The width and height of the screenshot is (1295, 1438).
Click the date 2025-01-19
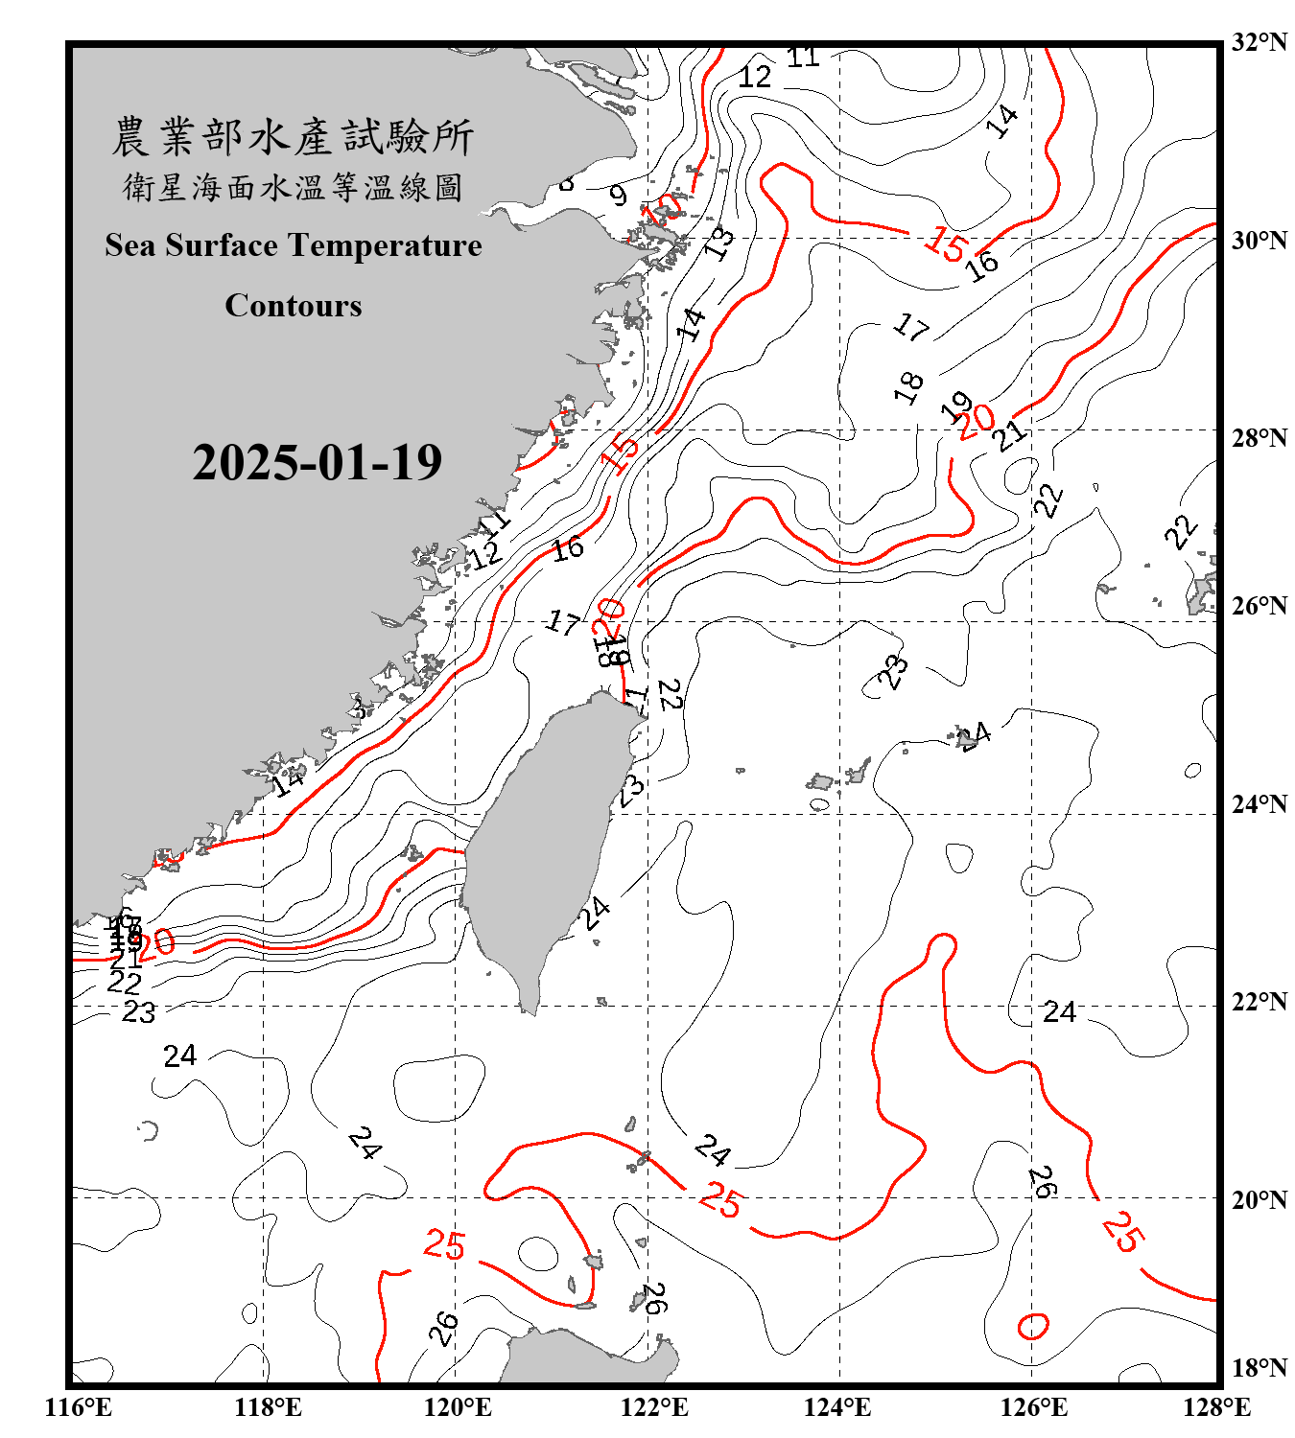(317, 462)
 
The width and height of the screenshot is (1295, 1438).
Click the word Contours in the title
(294, 305)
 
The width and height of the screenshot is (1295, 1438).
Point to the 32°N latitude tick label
(1259, 42)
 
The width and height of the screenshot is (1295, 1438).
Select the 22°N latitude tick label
(1259, 1002)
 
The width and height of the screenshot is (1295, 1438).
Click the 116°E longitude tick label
(79, 1407)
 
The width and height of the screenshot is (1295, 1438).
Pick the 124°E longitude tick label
(837, 1407)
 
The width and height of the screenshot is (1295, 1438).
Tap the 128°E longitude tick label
(1216, 1407)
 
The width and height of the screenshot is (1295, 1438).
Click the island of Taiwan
(542, 844)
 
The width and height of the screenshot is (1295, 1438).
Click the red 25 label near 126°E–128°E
(1121, 1232)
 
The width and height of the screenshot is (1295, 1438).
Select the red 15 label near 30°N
(946, 245)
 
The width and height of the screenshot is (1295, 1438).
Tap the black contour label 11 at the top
(803, 58)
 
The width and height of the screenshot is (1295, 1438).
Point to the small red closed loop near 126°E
(1033, 1326)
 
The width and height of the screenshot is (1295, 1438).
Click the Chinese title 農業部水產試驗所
(293, 137)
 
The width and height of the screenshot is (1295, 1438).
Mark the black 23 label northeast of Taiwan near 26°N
(893, 671)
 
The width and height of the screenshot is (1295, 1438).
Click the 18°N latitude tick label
(1259, 1368)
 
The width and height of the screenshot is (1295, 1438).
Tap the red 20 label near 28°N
(977, 422)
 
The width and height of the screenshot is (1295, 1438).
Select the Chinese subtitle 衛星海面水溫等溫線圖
(293, 187)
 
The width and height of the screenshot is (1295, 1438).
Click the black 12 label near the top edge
(755, 77)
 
